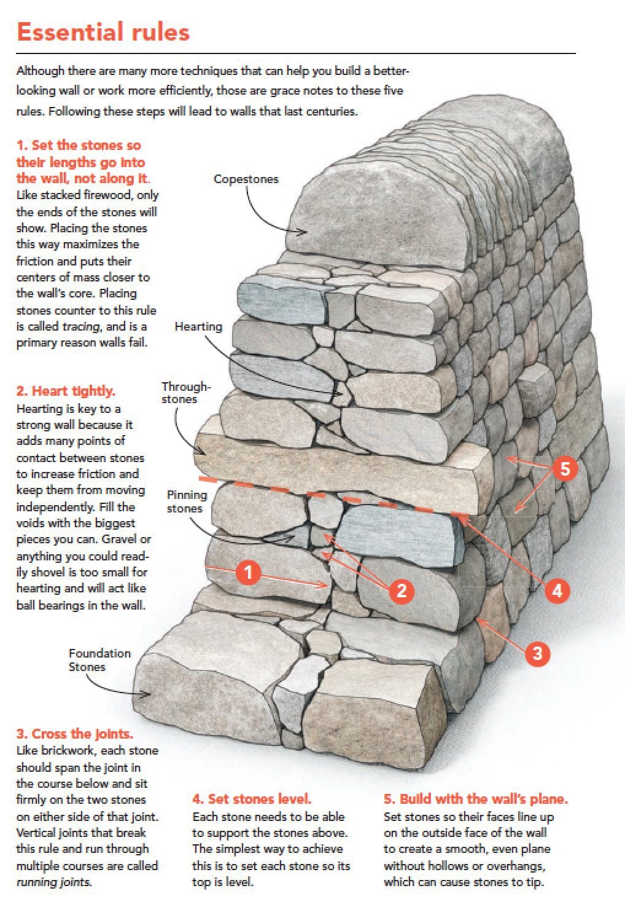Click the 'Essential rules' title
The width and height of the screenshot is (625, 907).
click(x=103, y=31)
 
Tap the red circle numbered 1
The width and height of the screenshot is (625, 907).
click(x=248, y=573)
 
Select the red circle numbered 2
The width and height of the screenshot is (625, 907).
click(x=402, y=591)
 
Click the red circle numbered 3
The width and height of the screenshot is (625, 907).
click(x=537, y=653)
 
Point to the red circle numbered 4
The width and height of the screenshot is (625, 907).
click(x=557, y=591)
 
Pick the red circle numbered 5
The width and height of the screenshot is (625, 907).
click(x=565, y=469)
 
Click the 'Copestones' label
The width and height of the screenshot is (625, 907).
click(x=246, y=179)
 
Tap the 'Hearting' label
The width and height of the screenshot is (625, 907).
click(x=198, y=326)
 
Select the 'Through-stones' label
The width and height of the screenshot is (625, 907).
click(x=185, y=393)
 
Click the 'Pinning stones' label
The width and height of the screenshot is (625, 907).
click(x=187, y=501)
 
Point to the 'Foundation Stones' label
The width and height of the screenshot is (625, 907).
click(x=99, y=660)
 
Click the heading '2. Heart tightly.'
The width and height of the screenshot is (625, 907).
click(x=66, y=391)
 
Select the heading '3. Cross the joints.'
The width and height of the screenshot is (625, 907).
click(x=74, y=734)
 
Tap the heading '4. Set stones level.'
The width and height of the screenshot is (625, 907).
click(x=252, y=799)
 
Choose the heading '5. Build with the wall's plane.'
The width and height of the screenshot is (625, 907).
click(x=476, y=799)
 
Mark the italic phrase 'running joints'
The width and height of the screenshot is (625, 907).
click(x=53, y=882)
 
